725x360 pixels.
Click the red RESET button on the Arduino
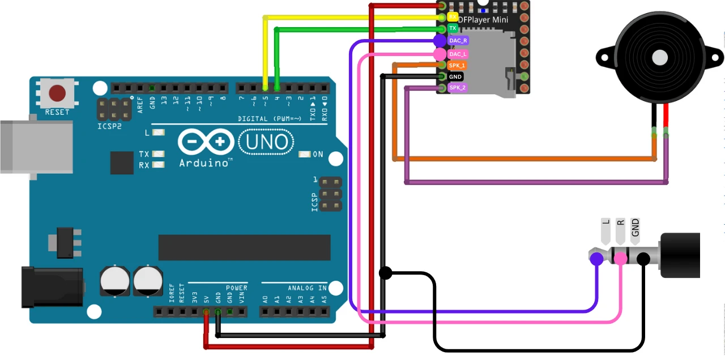57,92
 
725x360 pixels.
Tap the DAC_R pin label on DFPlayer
458,41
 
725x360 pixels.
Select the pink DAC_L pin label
458,54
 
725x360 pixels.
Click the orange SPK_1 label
457,66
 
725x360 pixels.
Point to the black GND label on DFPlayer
455,76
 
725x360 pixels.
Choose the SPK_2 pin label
457,88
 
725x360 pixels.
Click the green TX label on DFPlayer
453,28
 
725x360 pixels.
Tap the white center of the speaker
660,57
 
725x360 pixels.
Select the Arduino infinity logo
206,142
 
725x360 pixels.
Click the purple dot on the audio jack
596,259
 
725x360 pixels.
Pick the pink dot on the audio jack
620,259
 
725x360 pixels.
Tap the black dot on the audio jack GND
643,259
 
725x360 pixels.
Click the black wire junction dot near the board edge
385,273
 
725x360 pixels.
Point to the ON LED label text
318,155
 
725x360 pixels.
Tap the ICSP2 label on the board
109,126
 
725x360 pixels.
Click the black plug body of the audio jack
680,255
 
